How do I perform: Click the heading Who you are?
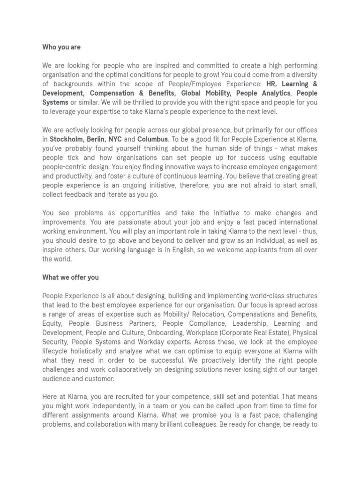point(61,47)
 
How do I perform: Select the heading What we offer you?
point(70,277)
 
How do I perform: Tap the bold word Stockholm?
point(66,139)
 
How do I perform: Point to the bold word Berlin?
point(96,139)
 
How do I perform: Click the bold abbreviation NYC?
point(115,139)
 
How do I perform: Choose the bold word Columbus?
point(152,139)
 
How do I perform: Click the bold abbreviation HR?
point(271,84)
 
